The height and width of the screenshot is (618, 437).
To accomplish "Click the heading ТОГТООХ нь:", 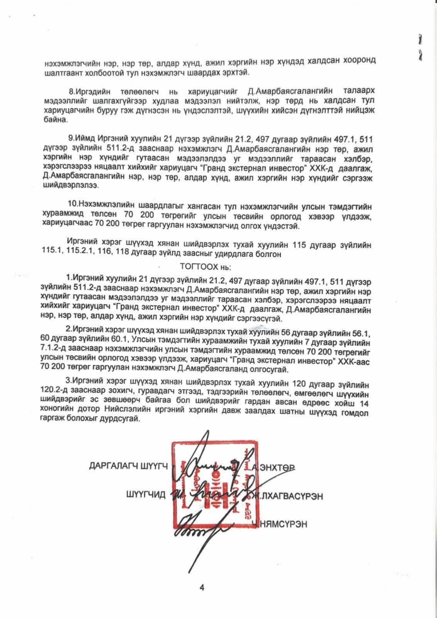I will point(205,267).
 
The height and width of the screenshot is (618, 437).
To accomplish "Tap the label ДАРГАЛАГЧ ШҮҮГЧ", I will point(128,466).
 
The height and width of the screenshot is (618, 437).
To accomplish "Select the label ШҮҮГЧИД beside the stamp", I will point(146,495).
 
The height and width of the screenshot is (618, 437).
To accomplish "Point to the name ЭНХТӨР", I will point(277,467).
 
